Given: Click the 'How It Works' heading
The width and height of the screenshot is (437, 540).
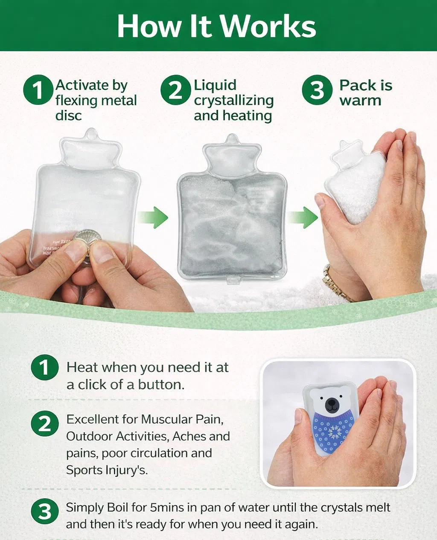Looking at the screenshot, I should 216,26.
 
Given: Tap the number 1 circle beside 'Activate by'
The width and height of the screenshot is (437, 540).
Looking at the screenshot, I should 38,90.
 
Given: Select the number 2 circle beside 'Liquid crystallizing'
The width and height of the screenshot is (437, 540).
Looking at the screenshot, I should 175,90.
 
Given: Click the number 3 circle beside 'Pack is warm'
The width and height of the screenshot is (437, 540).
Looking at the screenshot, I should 317,90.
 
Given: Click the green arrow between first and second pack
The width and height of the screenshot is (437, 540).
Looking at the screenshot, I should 153,217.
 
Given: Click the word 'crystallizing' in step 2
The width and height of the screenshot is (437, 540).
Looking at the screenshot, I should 233,101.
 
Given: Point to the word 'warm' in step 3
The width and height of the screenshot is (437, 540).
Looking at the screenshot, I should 360,101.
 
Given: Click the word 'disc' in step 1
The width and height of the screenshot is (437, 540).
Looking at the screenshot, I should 68,116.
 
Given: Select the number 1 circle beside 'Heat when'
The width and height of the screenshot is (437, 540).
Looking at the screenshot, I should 44,367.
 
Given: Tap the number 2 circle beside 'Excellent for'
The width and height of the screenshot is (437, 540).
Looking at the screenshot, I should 44,424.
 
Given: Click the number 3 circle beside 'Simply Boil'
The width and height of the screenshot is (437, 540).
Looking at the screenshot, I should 44,512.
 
